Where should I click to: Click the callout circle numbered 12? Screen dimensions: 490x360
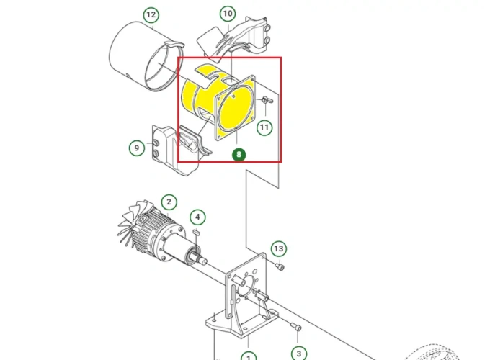pyautogui.click(x=151, y=14)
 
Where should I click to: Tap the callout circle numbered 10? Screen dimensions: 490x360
pyautogui.click(x=228, y=14)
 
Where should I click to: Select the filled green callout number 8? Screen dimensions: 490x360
pyautogui.click(x=239, y=154)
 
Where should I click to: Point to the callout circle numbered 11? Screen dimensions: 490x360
pyautogui.click(x=264, y=127)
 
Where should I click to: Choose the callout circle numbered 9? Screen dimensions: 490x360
pyautogui.click(x=137, y=148)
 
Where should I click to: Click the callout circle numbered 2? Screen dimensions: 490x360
pyautogui.click(x=169, y=202)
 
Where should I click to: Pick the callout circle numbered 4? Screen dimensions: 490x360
pyautogui.click(x=197, y=217)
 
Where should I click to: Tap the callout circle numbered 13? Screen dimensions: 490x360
pyautogui.click(x=278, y=248)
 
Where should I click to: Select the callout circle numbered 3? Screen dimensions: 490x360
pyautogui.click(x=299, y=354)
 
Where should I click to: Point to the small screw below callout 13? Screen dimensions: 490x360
pyautogui.click(x=280, y=267)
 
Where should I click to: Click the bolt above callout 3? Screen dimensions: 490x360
pyautogui.click(x=297, y=327)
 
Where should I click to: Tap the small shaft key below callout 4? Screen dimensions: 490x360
pyautogui.click(x=197, y=232)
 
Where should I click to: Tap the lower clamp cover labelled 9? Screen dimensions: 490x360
pyautogui.click(x=179, y=150)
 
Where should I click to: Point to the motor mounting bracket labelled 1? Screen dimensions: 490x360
pyautogui.click(x=243, y=299)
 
